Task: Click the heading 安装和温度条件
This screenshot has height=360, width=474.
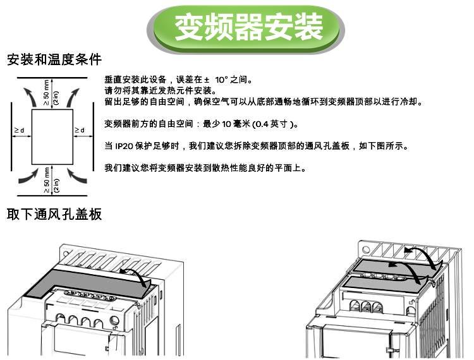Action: [54, 60]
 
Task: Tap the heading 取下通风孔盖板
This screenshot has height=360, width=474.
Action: [54, 214]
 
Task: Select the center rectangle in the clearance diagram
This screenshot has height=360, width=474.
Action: [52, 136]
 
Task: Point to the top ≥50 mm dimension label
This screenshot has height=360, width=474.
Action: [51, 92]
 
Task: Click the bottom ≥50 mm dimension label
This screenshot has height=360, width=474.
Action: [51, 179]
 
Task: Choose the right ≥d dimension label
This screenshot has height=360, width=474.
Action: [80, 131]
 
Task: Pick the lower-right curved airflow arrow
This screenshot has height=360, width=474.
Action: [74, 175]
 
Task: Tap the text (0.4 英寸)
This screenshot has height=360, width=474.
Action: [274, 124]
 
